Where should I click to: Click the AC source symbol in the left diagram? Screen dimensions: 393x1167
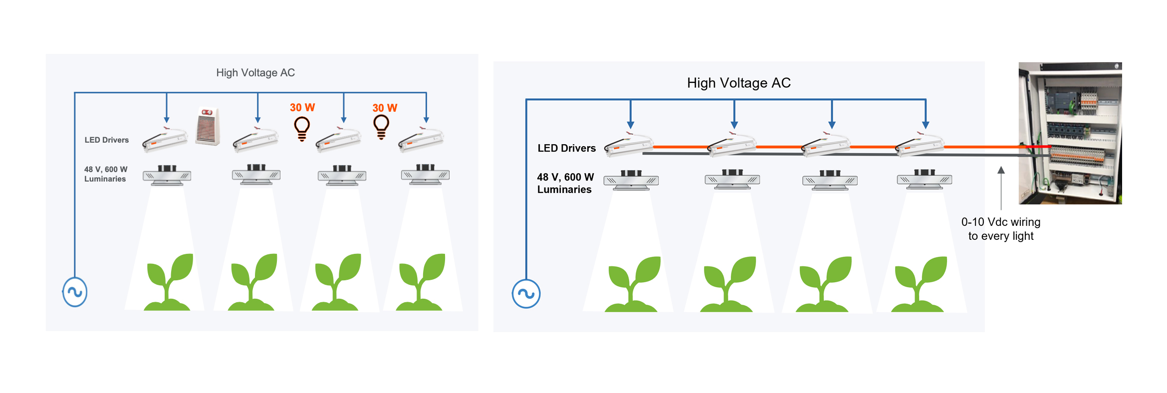75,292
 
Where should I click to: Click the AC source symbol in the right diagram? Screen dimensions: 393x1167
526,294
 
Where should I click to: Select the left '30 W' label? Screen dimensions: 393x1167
302,108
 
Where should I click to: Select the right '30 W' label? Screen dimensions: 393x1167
385,108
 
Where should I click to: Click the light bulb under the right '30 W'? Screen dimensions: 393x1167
381,127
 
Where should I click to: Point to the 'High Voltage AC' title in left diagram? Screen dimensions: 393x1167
255,73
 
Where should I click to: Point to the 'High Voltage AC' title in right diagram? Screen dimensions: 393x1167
738,83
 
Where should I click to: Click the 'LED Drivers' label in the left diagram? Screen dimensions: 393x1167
106,140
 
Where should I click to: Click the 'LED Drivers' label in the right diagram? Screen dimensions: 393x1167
566,148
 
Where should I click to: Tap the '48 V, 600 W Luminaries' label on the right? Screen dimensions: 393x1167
565,183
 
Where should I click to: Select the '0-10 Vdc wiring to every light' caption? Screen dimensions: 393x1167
1000,229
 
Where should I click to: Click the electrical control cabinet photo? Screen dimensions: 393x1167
1070,133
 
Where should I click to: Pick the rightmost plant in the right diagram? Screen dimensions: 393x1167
919,285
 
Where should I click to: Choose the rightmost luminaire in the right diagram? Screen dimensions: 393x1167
924,180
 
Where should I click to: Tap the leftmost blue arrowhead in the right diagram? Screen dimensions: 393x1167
631,125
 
